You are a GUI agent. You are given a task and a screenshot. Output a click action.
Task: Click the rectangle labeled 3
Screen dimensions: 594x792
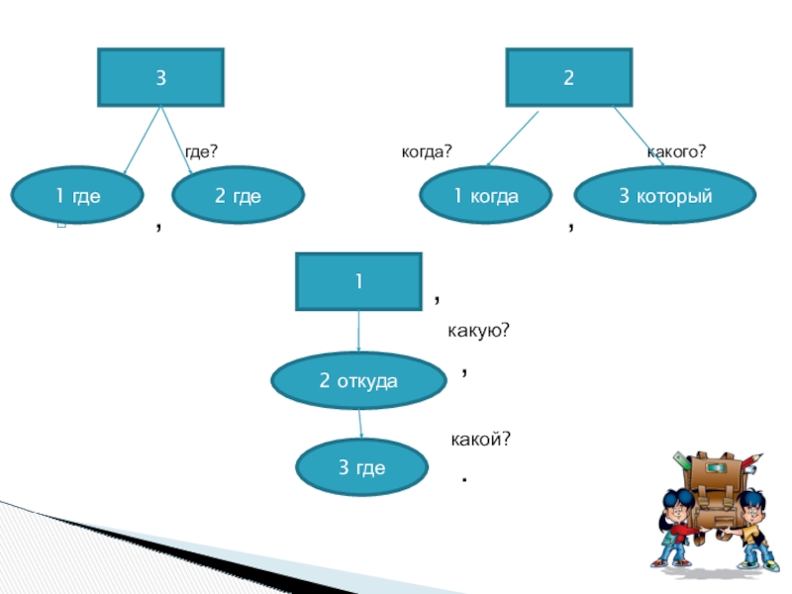(160, 77)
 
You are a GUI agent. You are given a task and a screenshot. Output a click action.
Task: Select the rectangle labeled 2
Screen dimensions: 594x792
(569, 77)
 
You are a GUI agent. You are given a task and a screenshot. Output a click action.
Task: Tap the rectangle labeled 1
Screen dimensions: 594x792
(358, 281)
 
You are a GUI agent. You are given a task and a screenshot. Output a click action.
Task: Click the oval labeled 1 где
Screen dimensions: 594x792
(77, 196)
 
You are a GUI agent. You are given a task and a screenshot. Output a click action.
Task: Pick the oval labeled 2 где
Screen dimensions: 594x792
(238, 196)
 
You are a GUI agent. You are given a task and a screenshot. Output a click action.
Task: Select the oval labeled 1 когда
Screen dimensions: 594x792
(486, 196)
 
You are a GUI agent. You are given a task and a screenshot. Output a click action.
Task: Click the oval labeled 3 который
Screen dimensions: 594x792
(665, 196)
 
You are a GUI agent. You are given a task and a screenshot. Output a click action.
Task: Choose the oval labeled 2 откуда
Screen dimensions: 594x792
(358, 380)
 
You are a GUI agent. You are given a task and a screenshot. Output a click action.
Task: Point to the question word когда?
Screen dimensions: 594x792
(426, 151)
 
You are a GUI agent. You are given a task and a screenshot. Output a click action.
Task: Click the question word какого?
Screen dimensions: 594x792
(676, 151)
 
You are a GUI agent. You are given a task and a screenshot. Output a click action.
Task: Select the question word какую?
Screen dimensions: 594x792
(478, 330)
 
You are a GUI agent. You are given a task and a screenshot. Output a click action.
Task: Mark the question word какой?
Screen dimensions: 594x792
(480, 438)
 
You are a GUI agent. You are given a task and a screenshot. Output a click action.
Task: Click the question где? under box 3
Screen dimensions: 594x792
(201, 151)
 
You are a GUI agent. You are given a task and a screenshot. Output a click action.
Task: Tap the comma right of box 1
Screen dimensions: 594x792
(438, 298)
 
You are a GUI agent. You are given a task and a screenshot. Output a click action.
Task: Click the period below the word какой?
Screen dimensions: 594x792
(463, 480)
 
